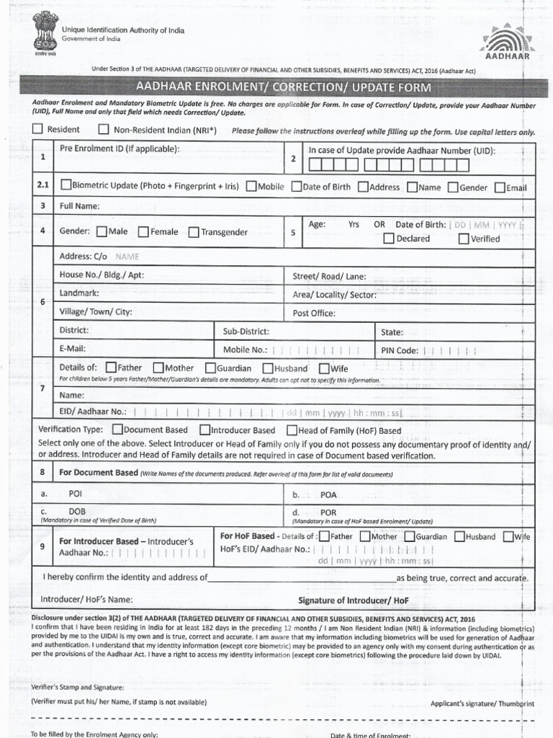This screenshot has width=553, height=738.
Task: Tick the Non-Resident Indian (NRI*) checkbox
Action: pos(104,130)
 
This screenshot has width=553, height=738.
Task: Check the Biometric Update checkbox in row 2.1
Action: pos(66,186)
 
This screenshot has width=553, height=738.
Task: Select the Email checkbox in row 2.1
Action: pos(500,187)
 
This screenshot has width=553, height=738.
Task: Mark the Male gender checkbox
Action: pos(102,232)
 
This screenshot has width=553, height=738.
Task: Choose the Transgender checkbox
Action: pos(194,232)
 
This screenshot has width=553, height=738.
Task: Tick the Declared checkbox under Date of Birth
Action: pos(389,239)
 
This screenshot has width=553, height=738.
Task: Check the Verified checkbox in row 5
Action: pos(464,239)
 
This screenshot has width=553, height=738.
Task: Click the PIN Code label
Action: pos(400,350)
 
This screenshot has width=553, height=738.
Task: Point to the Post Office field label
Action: pos(313,314)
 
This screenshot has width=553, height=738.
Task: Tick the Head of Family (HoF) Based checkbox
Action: pos(292,430)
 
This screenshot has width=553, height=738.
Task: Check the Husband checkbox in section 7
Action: pos(267,368)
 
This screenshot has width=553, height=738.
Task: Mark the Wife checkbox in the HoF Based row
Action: pos(508,536)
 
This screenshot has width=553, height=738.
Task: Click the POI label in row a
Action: pos(76,495)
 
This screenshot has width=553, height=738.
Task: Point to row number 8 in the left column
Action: pos(43,473)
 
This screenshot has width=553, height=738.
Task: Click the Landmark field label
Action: pos(79,294)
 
